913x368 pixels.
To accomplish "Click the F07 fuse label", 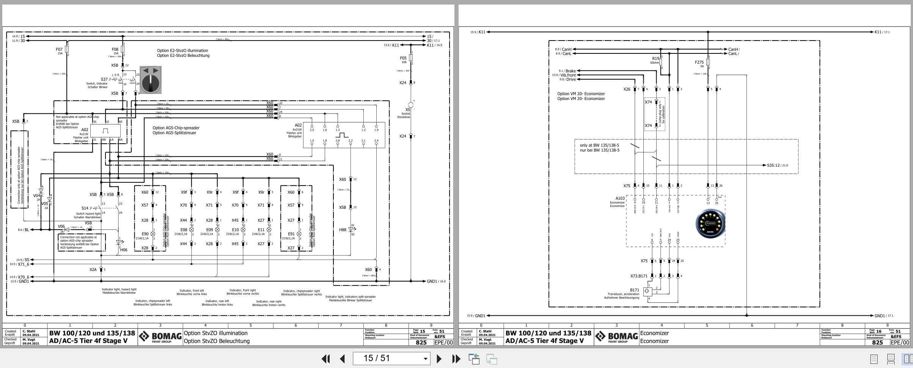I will (59, 49).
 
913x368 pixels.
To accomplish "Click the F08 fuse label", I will (115, 49).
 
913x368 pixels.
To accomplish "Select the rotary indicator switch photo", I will (151, 80).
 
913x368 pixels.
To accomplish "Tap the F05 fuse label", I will (403, 58).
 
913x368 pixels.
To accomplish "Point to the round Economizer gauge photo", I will (710, 224).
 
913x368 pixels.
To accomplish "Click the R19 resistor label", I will (655, 58).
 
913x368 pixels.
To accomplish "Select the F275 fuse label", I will (699, 62).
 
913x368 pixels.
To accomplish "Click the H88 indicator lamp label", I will (343, 230).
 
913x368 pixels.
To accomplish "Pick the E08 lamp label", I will (184, 230).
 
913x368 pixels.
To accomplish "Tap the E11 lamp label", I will (261, 230).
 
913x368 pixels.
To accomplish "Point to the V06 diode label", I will (61, 226).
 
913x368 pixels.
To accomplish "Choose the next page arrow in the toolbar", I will (439, 359).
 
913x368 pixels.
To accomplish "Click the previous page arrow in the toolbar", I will (343, 359).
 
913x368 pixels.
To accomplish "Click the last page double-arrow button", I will (456, 359).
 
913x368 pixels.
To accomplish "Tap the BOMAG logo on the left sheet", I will (160, 337).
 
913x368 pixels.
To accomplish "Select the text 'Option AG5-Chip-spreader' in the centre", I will (176, 128).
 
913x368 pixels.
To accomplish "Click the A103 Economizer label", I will (620, 198).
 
